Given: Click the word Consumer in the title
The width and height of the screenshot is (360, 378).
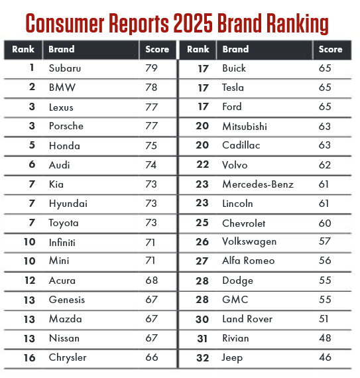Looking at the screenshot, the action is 65,23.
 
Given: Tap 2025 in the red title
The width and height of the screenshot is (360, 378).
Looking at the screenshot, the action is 193,23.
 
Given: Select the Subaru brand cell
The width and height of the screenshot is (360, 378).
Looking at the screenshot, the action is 65,68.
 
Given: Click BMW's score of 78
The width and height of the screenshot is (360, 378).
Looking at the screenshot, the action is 151,88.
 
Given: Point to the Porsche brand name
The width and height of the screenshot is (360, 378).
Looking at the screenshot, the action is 66,126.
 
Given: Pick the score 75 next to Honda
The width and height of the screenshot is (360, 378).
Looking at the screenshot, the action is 151,146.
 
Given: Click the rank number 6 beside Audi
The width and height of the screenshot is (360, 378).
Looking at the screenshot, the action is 32,164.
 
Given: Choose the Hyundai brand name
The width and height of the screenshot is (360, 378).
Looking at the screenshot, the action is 68,204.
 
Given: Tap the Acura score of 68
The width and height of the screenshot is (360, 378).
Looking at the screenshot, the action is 152,281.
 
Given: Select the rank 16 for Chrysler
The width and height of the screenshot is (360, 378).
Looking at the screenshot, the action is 30,357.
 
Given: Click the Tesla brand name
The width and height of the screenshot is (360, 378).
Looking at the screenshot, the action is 233,88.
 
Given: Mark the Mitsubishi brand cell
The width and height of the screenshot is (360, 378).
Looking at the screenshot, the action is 245,126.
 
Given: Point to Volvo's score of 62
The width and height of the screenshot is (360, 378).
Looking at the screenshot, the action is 325,165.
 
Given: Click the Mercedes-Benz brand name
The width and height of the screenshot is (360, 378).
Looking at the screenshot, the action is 258,184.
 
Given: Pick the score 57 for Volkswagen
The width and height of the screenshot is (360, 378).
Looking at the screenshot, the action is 325,241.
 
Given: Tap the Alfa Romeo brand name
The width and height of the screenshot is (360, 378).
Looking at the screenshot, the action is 249,261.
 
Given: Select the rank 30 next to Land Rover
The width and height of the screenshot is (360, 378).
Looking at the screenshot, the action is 202,320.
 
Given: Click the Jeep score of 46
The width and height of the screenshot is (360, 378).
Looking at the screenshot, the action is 325,357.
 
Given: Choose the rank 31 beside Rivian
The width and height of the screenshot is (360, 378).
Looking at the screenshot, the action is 202,339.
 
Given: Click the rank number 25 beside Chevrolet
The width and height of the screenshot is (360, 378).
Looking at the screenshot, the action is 202,223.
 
